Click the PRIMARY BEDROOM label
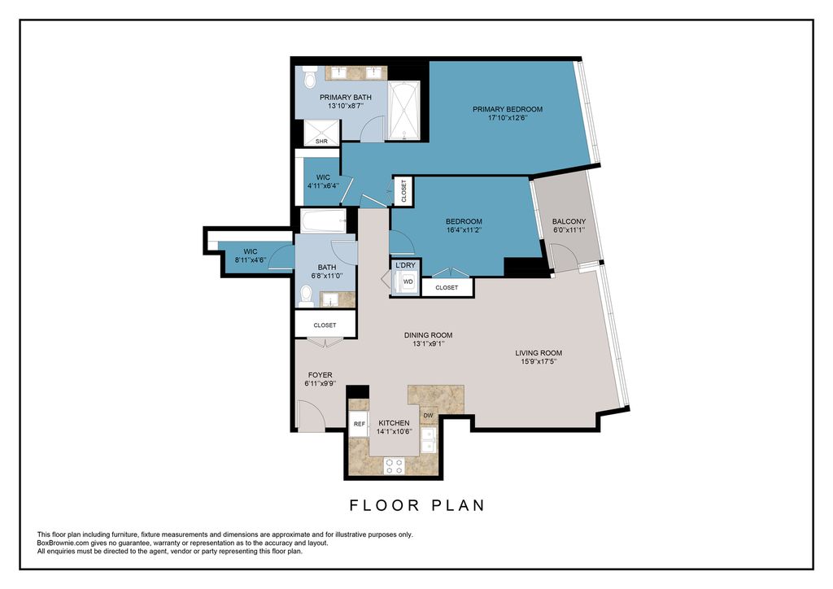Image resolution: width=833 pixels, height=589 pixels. [x=508, y=109]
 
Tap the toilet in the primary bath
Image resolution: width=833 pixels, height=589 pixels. [x=310, y=78]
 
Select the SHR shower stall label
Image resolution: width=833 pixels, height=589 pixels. [x=321, y=142]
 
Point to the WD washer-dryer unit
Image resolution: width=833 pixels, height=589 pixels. [x=408, y=281]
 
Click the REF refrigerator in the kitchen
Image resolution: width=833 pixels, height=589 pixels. [x=359, y=424]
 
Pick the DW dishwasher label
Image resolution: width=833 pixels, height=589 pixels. [x=428, y=416]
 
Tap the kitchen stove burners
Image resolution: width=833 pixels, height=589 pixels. [x=395, y=466]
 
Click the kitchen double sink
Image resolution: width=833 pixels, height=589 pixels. [x=429, y=440]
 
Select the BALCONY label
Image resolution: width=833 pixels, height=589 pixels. [x=569, y=221]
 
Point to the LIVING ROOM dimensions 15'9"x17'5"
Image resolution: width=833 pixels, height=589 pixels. [x=539, y=362]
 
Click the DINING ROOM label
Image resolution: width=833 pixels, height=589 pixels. [x=428, y=335]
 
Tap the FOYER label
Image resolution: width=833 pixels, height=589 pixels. [x=320, y=375]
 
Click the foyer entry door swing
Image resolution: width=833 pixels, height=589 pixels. [x=311, y=415]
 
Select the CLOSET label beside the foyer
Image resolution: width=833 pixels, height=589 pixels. [x=325, y=325]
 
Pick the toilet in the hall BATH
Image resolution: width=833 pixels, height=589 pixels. [x=306, y=296]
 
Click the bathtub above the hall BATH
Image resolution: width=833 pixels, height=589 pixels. [x=324, y=221]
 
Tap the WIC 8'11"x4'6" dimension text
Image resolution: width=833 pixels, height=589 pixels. [x=251, y=260]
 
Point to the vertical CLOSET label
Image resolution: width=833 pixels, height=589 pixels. [x=403, y=190]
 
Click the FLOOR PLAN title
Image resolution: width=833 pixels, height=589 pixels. [x=417, y=505]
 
